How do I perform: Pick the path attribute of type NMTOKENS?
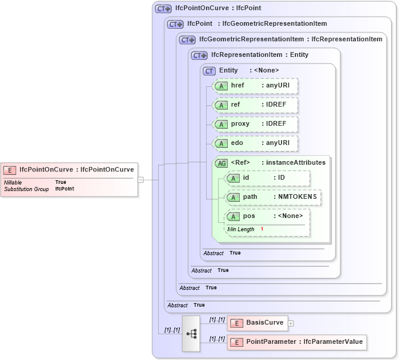[273, 197]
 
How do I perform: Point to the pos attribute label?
[249, 216]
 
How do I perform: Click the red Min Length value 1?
[262, 229]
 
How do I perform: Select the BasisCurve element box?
[257, 323]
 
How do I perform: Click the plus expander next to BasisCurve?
[291, 323]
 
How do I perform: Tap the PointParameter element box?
[296, 342]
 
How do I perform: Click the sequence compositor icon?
[191, 333]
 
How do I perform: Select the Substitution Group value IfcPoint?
[65, 189]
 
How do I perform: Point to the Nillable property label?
[13, 182]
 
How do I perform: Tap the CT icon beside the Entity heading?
[209, 71]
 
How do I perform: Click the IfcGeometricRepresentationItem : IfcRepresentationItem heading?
[291, 40]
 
